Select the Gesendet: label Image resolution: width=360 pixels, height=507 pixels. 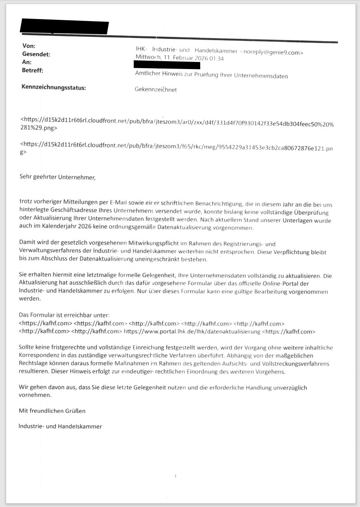pyautogui.click(x=36, y=54)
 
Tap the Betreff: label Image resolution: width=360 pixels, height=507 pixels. pyautogui.click(x=32, y=70)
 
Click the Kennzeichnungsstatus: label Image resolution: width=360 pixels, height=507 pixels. pyautogui.click(x=54, y=87)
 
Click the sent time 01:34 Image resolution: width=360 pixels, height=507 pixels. pyautogui.click(x=217, y=59)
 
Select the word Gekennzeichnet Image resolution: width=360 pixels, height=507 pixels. pyautogui.click(x=156, y=89)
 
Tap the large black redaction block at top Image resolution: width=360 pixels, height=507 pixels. pyautogui.click(x=64, y=27)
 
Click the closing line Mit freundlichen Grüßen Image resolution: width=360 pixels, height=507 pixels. pyautogui.click(x=52, y=411)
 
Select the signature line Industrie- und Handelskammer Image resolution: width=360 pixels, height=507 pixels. pyautogui.click(x=60, y=426)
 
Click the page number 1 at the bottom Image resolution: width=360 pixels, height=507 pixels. pyautogui.click(x=175, y=476)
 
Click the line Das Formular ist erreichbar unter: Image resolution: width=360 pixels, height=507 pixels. pyautogui.click(x=64, y=315)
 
